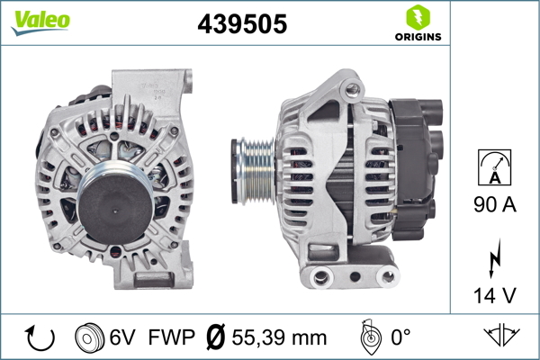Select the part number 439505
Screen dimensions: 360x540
[242, 25]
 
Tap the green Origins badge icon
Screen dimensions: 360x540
[418, 16]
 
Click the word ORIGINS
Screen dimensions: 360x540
[418, 37]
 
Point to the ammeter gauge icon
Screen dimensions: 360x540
[495, 167]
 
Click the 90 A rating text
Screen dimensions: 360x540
[495, 206]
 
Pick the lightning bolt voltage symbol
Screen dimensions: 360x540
[495, 260]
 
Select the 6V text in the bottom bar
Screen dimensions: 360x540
[123, 338]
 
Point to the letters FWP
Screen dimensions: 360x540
[172, 338]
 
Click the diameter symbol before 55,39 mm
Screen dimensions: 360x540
[216, 338]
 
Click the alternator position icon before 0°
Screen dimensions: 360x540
[366, 338]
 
